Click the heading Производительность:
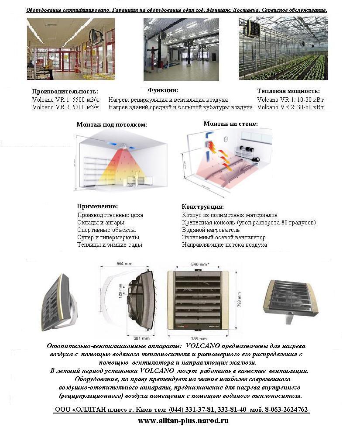pos(65,92)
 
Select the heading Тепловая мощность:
pos(288,91)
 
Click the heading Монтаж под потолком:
pos(112,124)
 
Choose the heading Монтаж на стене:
pos(230,124)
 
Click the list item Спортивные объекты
pos(106,230)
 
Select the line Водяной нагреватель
pos(211,230)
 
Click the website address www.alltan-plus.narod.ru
pos(183,421)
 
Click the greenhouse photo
pos(283,48)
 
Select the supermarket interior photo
pos(71,48)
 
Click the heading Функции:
pos(163,90)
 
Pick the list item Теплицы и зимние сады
pos(110,245)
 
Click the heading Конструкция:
pos(202,207)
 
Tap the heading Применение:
pos(97,206)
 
